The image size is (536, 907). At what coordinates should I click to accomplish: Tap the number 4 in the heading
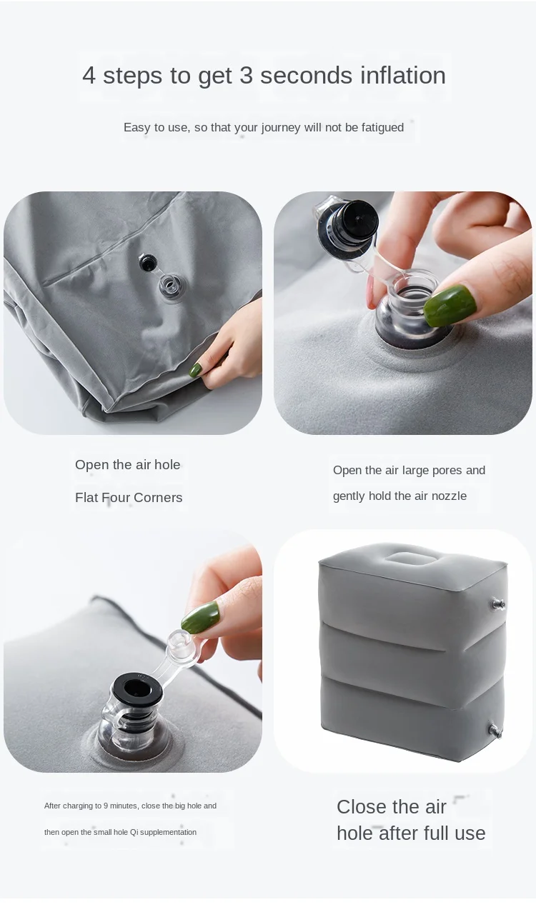[x=89, y=76]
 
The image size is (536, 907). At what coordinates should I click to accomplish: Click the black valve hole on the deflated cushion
[x=147, y=263]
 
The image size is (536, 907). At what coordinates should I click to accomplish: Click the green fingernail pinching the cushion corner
[x=196, y=370]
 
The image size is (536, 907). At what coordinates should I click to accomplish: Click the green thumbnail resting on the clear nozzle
[x=450, y=305]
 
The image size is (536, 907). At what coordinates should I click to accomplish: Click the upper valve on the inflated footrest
[x=497, y=604]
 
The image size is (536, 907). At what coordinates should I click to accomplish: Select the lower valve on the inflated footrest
[x=496, y=731]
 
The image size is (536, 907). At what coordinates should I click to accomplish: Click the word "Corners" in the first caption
[x=158, y=498]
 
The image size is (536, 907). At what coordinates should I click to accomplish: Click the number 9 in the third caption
[x=105, y=806]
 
